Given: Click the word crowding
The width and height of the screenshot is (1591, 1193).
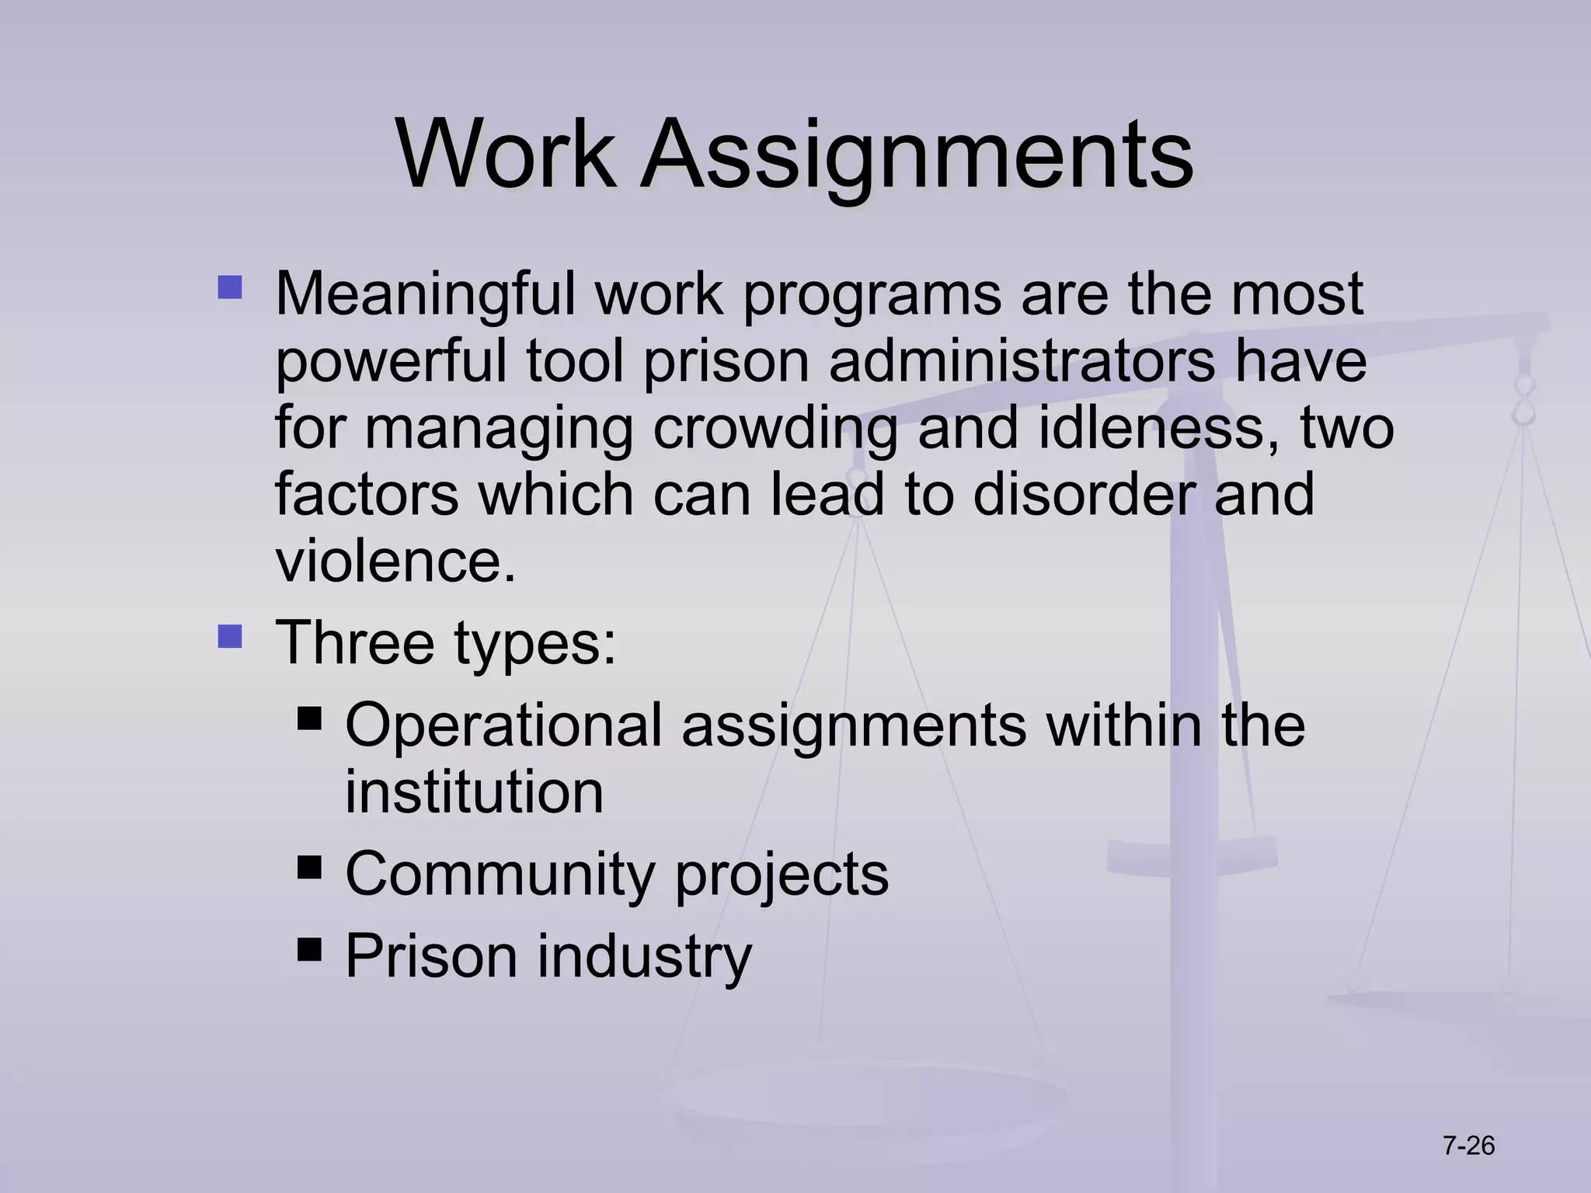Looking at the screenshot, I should (x=775, y=429).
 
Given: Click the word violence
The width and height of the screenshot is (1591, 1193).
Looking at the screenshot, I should (x=395, y=561).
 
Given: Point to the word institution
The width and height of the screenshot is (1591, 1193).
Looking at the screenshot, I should (x=474, y=792).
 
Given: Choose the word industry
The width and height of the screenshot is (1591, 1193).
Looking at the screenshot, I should (x=644, y=957).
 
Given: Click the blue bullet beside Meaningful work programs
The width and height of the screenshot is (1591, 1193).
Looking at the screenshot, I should (x=230, y=289).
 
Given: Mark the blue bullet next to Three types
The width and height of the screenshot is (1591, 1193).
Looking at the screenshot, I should (x=230, y=638).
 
